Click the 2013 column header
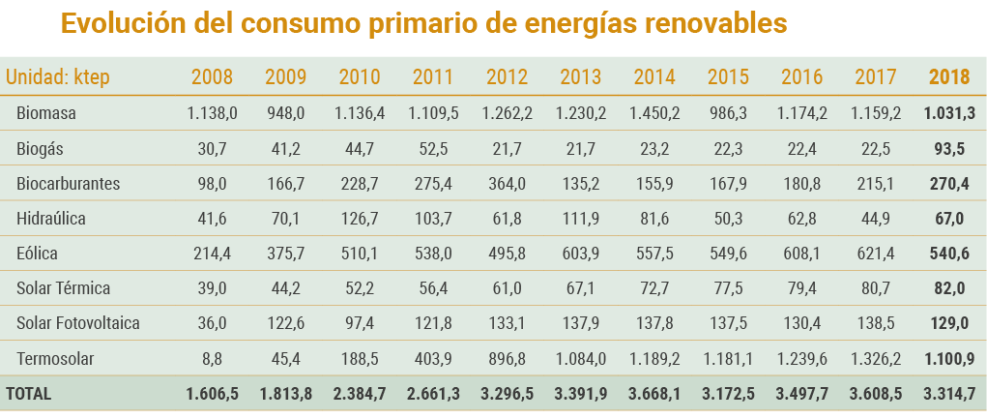click(x=581, y=77)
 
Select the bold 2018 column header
click(x=948, y=77)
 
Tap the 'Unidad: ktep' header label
click(x=58, y=77)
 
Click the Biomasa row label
click(x=46, y=113)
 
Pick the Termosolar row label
click(x=55, y=359)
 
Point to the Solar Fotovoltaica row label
click(x=78, y=323)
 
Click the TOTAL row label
click(x=29, y=394)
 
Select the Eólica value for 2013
click(x=581, y=254)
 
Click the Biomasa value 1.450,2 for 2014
click(x=654, y=113)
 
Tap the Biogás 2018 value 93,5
click(x=948, y=148)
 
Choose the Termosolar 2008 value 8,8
click(x=212, y=359)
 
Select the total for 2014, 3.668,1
click(x=654, y=394)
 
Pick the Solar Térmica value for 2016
click(x=802, y=288)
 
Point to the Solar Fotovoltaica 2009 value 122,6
click(x=286, y=323)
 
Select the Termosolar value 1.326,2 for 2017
click(x=876, y=359)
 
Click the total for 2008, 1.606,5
click(x=212, y=394)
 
